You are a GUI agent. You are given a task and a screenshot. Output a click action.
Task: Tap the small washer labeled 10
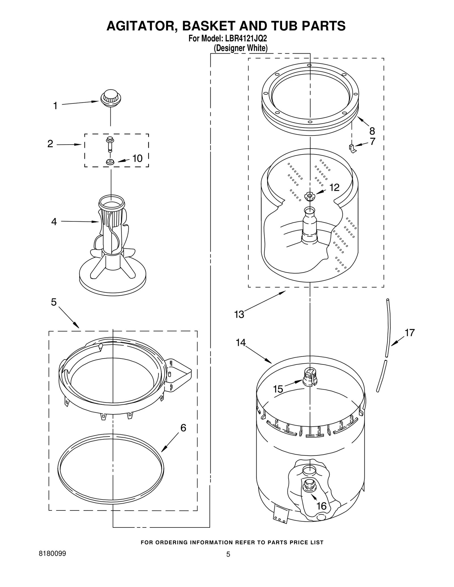pyautogui.click(x=110, y=162)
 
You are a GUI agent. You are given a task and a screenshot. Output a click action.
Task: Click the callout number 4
pyautogui.click(x=54, y=222)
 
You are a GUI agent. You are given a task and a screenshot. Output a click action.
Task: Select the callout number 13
pyautogui.click(x=239, y=314)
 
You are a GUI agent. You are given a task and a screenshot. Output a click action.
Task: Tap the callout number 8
pyautogui.click(x=372, y=131)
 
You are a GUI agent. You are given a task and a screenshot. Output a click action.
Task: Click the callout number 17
pyautogui.click(x=409, y=332)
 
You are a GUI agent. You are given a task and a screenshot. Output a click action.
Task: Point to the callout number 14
pyautogui.click(x=241, y=343)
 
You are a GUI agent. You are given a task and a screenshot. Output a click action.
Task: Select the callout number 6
pyautogui.click(x=183, y=428)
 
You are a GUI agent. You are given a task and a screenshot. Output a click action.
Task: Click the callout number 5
pyautogui.click(x=54, y=302)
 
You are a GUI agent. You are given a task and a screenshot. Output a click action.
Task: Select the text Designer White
pyautogui.click(x=240, y=48)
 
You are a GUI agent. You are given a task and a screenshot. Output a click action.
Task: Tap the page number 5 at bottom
pyautogui.click(x=228, y=554)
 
